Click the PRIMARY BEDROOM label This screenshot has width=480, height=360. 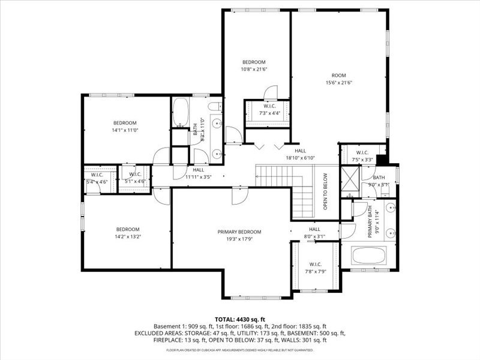tap(239, 232)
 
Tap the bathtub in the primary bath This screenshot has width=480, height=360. tap(371, 256)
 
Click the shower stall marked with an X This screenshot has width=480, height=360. tap(349, 178)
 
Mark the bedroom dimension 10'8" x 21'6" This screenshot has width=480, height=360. tap(254, 69)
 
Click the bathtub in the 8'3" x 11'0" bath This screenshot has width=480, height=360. tap(181, 112)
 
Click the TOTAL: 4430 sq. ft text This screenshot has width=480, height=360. tap(239, 319)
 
